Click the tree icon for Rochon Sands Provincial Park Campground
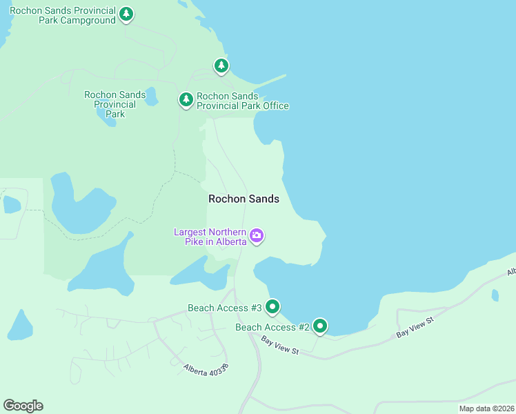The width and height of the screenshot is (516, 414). [126, 14]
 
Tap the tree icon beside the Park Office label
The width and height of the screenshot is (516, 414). [186, 100]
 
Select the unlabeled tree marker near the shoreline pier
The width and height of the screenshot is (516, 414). [221, 66]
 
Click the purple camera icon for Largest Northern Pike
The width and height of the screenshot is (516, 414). [257, 236]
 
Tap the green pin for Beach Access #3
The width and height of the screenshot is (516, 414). [272, 306]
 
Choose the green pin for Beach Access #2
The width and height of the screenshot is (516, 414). [319, 326]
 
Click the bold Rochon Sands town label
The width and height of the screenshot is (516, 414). [244, 199]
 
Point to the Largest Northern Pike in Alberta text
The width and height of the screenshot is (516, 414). [210, 237]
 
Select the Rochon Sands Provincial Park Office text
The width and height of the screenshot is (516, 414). [242, 101]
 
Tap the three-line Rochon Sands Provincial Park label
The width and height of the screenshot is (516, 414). [115, 104]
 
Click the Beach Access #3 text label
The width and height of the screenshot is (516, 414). [225, 308]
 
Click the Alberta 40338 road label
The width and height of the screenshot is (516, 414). [206, 369]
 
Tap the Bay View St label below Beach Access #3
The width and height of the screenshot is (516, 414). [279, 346]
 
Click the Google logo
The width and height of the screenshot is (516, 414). [23, 406]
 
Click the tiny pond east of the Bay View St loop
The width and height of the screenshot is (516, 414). [495, 295]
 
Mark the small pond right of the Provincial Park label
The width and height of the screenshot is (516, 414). [151, 97]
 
